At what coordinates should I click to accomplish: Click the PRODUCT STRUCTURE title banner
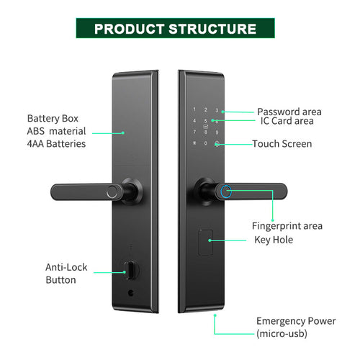pyautogui.click(x=175, y=28)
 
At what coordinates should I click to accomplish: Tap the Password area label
pyautogui.click(x=289, y=112)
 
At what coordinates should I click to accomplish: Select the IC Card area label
pyautogui.click(x=287, y=121)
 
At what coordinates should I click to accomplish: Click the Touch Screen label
pyautogui.click(x=282, y=144)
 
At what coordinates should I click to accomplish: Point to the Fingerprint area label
pyautogui.click(x=287, y=226)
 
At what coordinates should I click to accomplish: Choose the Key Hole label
pyautogui.click(x=274, y=240)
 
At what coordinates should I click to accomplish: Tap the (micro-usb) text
pyautogui.click(x=282, y=334)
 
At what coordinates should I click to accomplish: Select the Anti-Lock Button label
pyautogui.click(x=66, y=274)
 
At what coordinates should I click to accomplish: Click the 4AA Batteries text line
pyautogui.click(x=56, y=144)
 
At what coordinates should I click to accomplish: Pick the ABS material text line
pyautogui.click(x=56, y=131)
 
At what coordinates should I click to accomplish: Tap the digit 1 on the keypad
pyautogui.click(x=194, y=109)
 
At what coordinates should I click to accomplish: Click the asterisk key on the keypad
pyautogui.click(x=194, y=143)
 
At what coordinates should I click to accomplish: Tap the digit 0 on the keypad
pyautogui.click(x=205, y=143)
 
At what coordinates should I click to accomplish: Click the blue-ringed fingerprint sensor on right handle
pyautogui.click(x=226, y=192)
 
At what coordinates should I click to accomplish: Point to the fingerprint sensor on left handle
pyautogui.click(x=112, y=192)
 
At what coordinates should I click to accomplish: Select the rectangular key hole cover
pyautogui.click(x=205, y=243)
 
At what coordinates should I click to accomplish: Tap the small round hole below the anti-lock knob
pyautogui.click(x=130, y=293)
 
